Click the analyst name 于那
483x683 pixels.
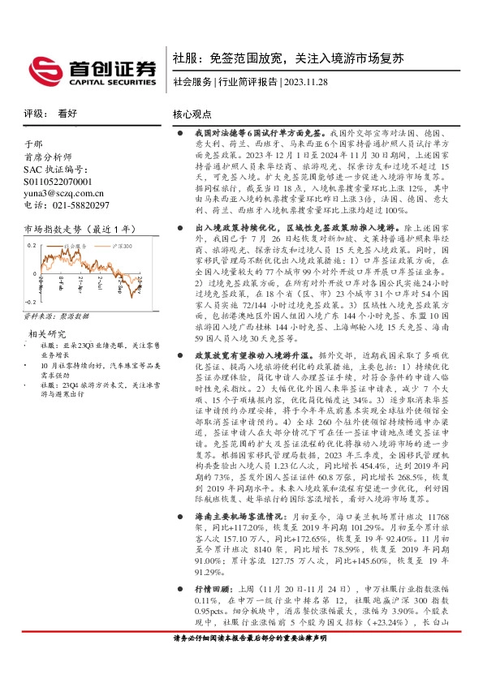(x=32, y=144)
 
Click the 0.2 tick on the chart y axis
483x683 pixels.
(x=32, y=243)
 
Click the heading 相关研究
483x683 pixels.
(x=47, y=333)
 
